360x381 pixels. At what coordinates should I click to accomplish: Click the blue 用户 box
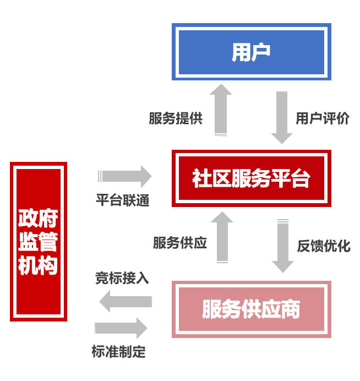[x=251, y=52]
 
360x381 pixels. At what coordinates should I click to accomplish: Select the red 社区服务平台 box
[x=251, y=178]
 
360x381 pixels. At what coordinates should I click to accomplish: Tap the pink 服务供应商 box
[x=251, y=309]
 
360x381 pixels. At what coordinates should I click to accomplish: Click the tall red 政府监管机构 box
[x=38, y=242]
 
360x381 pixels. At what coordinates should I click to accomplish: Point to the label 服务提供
[x=176, y=118]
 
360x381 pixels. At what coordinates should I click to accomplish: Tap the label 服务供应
[x=180, y=243]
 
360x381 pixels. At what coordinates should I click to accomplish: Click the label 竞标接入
[x=122, y=279]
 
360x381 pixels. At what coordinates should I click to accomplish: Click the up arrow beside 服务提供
[x=221, y=110]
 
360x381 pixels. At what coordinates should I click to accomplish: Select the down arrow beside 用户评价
[x=282, y=117]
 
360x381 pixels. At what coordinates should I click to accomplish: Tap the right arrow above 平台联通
[x=125, y=176]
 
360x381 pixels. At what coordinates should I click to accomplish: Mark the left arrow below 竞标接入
[x=126, y=301]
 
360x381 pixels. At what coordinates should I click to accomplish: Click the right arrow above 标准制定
[x=122, y=328]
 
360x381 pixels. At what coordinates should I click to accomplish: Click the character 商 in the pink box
[x=291, y=309]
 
